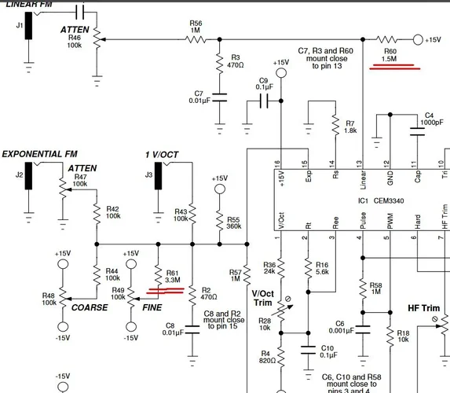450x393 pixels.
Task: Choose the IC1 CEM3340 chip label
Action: pyautogui.click(x=378, y=201)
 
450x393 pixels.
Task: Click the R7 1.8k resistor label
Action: pyautogui.click(x=349, y=127)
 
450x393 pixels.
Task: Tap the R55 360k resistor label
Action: pyautogui.click(x=233, y=223)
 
